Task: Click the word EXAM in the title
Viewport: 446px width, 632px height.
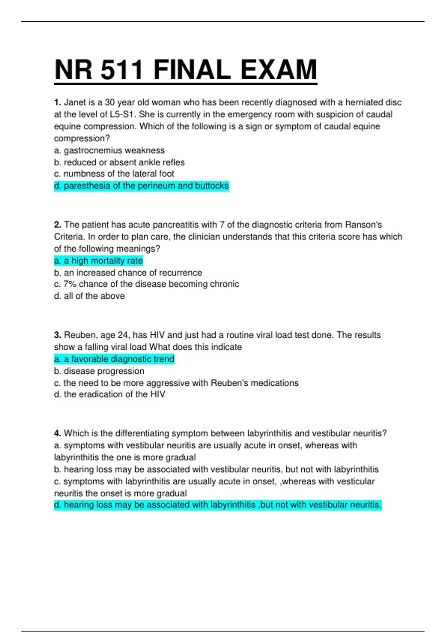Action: tap(279, 70)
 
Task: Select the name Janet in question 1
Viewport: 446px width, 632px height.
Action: tap(75, 102)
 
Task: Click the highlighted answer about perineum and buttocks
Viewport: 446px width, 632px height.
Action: tap(141, 186)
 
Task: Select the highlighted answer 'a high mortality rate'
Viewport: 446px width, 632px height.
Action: tap(98, 261)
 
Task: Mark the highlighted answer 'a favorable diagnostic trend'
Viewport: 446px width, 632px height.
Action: tap(114, 359)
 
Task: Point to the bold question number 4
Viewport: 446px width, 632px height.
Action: tap(57, 433)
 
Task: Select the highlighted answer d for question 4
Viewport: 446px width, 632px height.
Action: tap(217, 505)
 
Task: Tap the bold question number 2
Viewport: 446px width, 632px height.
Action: tap(57, 225)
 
